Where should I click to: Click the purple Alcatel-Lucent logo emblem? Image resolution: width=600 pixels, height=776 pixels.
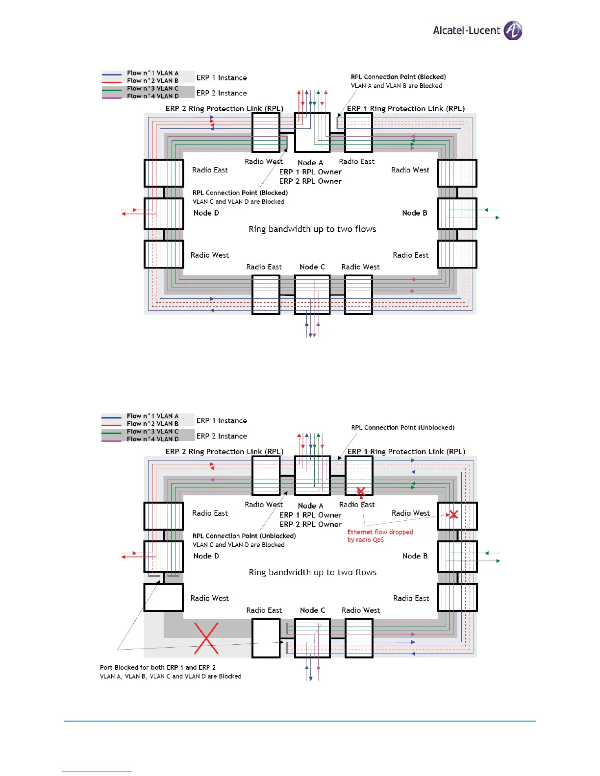pyautogui.click(x=513, y=30)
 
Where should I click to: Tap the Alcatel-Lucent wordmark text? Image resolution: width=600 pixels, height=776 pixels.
pyautogui.click(x=466, y=30)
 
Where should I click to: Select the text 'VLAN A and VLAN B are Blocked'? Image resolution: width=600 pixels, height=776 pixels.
pyautogui.click(x=396, y=86)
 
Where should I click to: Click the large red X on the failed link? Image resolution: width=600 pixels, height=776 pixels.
pyautogui.click(x=206, y=638)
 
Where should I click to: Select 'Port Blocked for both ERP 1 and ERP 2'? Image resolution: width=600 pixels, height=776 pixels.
pyautogui.click(x=157, y=667)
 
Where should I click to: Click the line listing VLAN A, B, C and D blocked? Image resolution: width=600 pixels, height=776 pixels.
pyautogui.click(x=171, y=676)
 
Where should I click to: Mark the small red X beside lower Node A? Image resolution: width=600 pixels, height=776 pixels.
pyautogui.click(x=361, y=491)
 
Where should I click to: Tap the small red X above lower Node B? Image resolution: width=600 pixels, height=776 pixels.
pyautogui.click(x=453, y=514)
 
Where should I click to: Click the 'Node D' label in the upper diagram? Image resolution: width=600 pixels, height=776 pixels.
pyautogui.click(x=206, y=213)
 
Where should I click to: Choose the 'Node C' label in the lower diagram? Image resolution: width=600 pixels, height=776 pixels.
pyautogui.click(x=312, y=610)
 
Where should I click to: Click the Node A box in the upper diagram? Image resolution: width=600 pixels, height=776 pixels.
pyautogui.click(x=312, y=132)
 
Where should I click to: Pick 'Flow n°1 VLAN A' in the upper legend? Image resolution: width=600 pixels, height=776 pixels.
pyautogui.click(x=152, y=73)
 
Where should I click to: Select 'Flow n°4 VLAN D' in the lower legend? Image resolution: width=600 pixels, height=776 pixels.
pyautogui.click(x=152, y=439)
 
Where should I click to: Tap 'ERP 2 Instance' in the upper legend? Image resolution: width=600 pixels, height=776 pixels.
pyautogui.click(x=222, y=93)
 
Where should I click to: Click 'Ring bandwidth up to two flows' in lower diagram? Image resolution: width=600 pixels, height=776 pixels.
pyautogui.click(x=312, y=572)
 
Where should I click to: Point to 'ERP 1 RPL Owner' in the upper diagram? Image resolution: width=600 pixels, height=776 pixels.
pyautogui.click(x=310, y=172)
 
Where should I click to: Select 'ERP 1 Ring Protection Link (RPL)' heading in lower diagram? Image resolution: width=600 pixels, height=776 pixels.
pyautogui.click(x=406, y=452)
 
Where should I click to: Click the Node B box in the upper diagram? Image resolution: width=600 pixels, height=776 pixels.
pyautogui.click(x=457, y=214)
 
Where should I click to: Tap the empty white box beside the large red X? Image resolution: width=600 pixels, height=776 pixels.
pyautogui.click(x=266, y=638)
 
